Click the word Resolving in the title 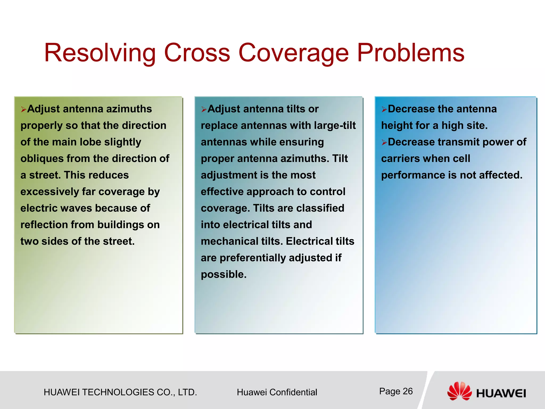click(100, 53)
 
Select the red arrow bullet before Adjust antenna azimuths click(23, 109)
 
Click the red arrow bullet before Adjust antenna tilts click(204, 109)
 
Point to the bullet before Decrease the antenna click(384, 109)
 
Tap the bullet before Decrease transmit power click(384, 143)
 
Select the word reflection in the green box click(44, 225)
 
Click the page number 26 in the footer click(407, 391)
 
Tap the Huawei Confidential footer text click(277, 392)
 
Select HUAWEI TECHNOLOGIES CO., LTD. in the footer click(120, 392)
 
